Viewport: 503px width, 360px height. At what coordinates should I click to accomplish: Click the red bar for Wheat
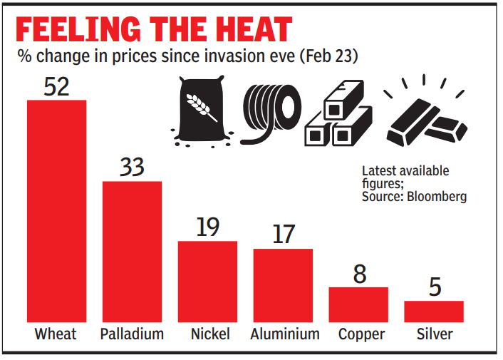[56, 211]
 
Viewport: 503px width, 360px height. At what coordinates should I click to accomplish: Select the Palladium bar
[132, 252]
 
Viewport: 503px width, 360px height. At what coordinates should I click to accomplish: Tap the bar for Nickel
[207, 282]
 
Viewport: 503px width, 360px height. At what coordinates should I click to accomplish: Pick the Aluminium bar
[283, 285]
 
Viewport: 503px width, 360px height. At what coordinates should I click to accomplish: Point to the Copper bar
[358, 304]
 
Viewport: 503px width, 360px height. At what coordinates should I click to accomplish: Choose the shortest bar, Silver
[434, 312]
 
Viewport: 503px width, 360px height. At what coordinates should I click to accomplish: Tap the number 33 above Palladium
[132, 168]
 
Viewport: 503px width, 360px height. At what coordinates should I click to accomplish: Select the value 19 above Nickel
[207, 227]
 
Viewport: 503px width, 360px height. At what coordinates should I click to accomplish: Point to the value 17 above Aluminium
[283, 235]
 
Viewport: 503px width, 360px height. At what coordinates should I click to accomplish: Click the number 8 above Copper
[358, 274]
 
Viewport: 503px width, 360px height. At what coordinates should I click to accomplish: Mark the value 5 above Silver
[435, 287]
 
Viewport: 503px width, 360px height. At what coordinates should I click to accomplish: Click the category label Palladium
[132, 334]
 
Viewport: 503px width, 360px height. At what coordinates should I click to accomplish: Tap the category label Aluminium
[284, 334]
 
